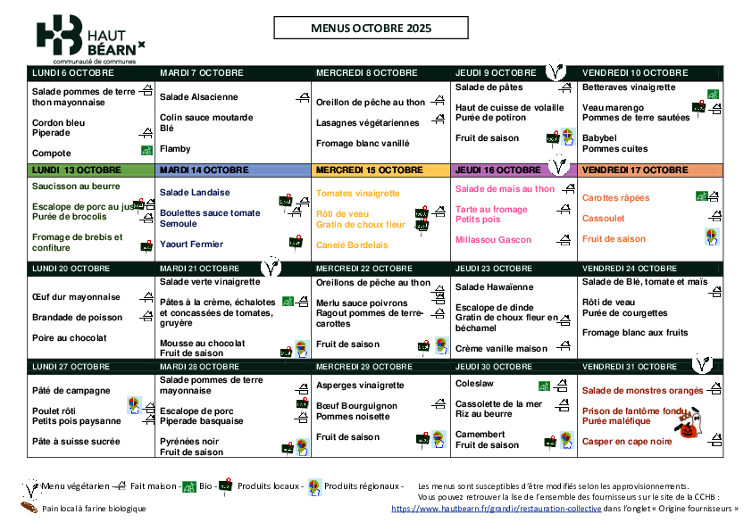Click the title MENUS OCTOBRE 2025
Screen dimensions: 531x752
371,29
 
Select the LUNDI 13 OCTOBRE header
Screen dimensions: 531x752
77,170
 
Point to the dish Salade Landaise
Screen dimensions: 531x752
194,192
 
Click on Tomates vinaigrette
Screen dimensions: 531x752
358,193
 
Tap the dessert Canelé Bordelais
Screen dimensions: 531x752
352,245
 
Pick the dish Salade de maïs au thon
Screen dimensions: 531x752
505,188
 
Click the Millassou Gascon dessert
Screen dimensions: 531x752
493,239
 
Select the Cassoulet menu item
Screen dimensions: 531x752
603,218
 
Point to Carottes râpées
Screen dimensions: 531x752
615,197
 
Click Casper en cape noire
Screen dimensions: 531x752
627,441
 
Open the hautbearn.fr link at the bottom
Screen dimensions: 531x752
497,508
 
